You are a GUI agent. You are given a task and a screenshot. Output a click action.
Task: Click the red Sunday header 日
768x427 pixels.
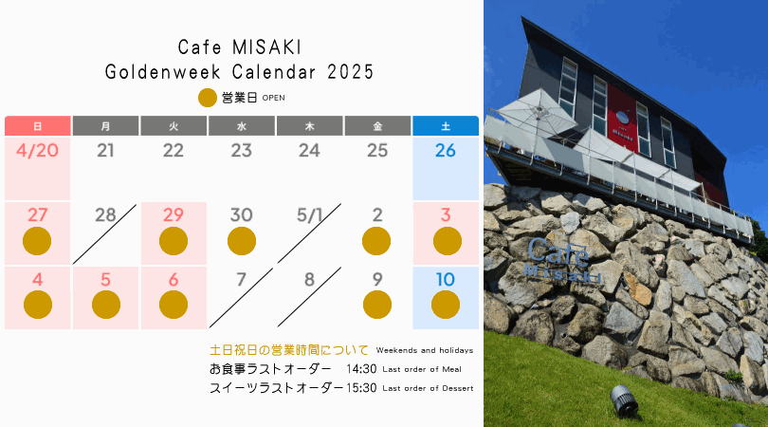[37, 126]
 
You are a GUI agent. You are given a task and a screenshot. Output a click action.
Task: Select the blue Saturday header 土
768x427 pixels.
[446, 126]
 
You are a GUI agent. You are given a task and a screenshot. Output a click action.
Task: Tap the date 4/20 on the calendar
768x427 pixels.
[37, 151]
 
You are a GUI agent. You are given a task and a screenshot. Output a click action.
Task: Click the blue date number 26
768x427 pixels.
[446, 151]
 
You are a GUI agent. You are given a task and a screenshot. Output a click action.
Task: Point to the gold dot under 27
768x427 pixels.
[37, 241]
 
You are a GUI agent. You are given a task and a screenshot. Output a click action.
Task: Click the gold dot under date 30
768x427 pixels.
[242, 241]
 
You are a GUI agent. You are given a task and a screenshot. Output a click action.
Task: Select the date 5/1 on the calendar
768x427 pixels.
[309, 215]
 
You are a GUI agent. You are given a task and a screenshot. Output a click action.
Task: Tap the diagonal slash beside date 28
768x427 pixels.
[104, 234]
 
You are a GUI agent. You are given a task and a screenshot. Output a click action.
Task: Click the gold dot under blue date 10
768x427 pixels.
[446, 305]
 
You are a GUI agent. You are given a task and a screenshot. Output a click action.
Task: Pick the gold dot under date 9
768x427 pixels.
[377, 305]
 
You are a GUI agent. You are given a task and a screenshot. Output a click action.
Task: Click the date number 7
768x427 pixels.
[241, 279]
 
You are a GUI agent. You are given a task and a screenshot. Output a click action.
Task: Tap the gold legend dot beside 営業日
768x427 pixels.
[208, 98]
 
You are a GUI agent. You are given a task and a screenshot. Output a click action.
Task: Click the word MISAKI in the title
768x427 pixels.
[266, 47]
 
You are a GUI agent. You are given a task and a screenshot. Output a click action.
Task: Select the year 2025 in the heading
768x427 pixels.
[350, 72]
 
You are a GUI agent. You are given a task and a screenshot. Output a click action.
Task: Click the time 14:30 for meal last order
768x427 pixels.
[361, 369]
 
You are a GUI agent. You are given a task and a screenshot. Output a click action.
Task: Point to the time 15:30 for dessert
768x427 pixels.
[361, 388]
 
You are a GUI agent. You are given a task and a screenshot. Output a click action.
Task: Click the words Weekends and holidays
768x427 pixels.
[425, 350]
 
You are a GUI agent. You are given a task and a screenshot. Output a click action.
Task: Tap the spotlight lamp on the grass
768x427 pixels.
[624, 400]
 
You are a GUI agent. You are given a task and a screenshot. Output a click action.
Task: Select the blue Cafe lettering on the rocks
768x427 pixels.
[558, 251]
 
